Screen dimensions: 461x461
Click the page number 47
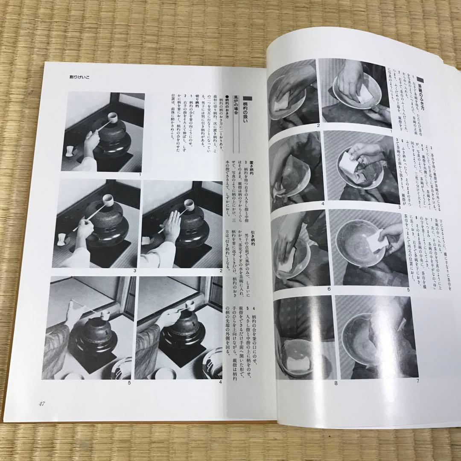[x=41, y=404]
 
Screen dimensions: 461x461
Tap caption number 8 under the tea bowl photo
[x=336, y=383]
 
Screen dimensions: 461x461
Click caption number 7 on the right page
[x=417, y=380]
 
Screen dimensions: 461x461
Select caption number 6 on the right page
[x=329, y=289]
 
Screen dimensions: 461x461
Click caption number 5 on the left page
[x=129, y=382]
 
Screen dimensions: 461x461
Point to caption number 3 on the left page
[x=134, y=271]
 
